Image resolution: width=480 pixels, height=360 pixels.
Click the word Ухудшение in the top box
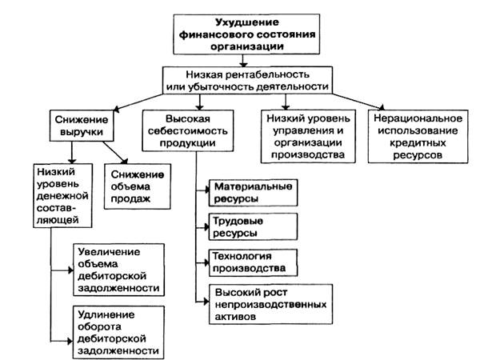pyautogui.click(x=246, y=22)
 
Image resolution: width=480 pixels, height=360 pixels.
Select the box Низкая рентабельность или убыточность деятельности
pyautogui.click(x=247, y=80)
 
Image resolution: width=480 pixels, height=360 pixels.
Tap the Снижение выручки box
pyautogui.click(x=82, y=126)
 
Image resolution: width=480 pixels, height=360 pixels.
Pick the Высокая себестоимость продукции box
pyautogui.click(x=188, y=130)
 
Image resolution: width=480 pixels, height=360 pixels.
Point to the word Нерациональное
pyautogui.click(x=418, y=118)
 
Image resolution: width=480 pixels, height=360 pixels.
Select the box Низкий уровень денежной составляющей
pyautogui.click(x=62, y=196)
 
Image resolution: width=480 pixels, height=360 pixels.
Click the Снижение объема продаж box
pyautogui.click(x=137, y=186)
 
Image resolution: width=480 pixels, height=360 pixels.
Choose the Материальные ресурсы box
pyautogui.click(x=253, y=193)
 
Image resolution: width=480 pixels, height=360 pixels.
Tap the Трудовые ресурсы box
pyautogui.click(x=253, y=227)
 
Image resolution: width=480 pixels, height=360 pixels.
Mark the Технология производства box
pyautogui.click(x=253, y=262)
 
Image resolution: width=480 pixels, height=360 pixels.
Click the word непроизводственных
pyautogui.click(x=270, y=305)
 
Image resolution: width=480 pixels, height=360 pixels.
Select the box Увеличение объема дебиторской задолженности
pyautogui.click(x=118, y=270)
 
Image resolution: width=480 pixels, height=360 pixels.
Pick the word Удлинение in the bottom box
pyautogui.click(x=106, y=314)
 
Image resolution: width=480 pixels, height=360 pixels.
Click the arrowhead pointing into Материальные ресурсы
pyautogui.click(x=206, y=190)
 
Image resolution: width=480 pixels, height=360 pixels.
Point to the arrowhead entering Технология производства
pyautogui.click(x=206, y=262)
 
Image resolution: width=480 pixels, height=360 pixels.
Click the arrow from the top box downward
pyautogui.click(x=243, y=61)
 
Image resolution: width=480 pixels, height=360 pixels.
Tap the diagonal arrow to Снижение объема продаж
pyautogui.click(x=115, y=153)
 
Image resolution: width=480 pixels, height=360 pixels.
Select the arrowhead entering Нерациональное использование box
pyautogui.click(x=381, y=107)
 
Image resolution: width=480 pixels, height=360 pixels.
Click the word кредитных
pyautogui.click(x=418, y=143)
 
